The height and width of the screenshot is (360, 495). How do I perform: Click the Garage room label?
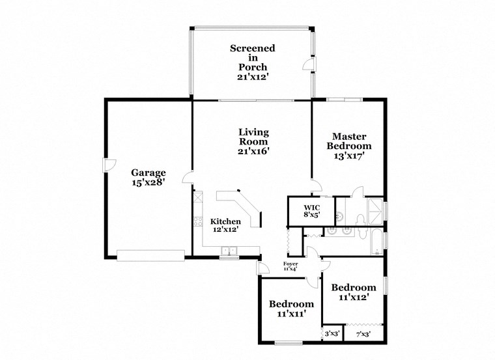[148, 173]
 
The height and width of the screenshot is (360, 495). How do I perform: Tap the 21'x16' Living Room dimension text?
[253, 151]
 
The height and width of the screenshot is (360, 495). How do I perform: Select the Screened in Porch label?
[252, 58]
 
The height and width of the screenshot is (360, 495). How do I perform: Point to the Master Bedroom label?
[349, 141]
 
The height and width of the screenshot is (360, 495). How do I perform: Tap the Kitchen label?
[225, 221]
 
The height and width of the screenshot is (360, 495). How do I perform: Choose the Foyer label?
[290, 264]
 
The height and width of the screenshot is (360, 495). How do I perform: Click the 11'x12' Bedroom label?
[354, 288]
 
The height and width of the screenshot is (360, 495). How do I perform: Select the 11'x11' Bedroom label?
[291, 304]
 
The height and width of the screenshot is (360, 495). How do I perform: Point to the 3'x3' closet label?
[332, 334]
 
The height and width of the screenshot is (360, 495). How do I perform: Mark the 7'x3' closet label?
[363, 334]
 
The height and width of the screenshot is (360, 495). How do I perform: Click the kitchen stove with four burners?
[196, 224]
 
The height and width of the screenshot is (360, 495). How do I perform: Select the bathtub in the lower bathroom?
[377, 241]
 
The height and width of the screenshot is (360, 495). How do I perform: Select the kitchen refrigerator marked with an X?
[197, 197]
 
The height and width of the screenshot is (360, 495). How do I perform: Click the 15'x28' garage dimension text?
[148, 183]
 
